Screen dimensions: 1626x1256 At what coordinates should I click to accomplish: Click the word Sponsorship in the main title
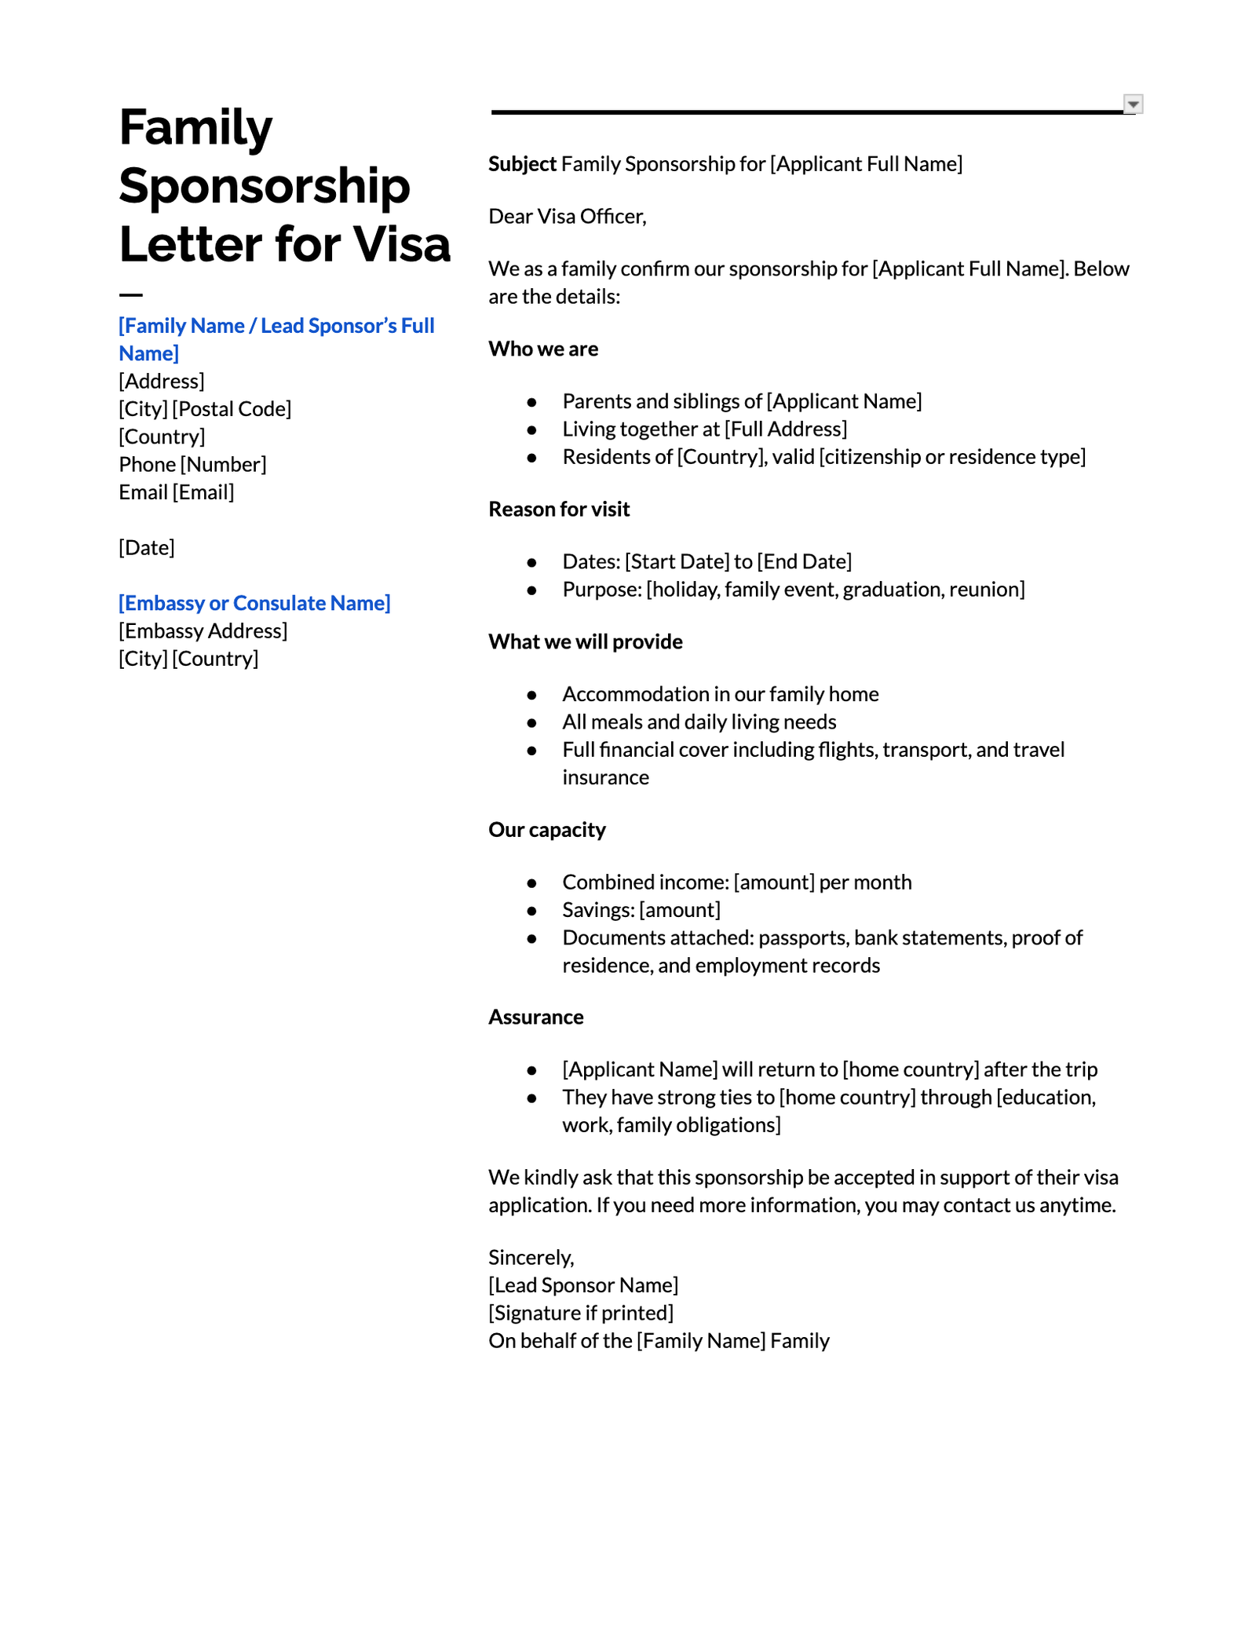264,186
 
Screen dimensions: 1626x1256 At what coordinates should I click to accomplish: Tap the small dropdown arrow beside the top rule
1133,104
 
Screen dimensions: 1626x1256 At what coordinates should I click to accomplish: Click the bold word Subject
522,164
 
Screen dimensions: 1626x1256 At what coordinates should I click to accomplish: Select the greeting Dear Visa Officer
567,217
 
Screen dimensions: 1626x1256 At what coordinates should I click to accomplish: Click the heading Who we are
543,349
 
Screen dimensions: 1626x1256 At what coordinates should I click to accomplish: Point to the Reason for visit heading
559,510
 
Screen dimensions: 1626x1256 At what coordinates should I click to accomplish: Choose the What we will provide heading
585,641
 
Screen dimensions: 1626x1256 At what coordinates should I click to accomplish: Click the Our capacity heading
546,830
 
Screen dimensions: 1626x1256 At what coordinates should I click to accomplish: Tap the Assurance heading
535,1018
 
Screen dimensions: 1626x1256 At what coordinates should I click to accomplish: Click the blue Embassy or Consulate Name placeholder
254,603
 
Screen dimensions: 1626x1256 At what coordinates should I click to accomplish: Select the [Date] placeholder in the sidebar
147,547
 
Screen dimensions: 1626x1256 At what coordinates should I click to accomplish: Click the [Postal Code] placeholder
232,409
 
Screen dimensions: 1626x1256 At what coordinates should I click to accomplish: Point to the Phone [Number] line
192,465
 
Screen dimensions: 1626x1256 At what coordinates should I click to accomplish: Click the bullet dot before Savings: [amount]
532,911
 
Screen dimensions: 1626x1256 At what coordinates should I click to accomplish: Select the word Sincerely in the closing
531,1258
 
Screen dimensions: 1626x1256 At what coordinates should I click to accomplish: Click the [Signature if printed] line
581,1313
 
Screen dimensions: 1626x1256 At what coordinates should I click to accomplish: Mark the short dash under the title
130,295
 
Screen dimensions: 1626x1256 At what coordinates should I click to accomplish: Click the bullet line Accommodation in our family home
720,694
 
